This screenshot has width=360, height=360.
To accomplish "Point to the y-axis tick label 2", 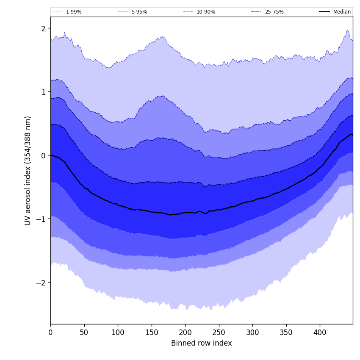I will [43, 28].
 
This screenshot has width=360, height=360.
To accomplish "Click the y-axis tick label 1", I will [43, 92].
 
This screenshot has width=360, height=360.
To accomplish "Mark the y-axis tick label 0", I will [43, 155].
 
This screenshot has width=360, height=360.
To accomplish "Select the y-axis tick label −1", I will [41, 219].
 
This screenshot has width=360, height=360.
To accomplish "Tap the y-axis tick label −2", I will [41, 282].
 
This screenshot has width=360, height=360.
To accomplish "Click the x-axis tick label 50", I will [84, 332].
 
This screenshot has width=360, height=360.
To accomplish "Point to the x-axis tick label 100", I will [118, 332].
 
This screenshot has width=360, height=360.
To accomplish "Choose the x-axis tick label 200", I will [185, 332].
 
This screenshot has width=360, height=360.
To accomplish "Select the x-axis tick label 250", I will [219, 332].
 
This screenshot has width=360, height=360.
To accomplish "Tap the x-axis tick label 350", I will [286, 332].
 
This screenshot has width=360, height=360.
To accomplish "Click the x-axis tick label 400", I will [320, 332].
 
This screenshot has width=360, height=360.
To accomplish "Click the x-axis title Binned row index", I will [202, 343].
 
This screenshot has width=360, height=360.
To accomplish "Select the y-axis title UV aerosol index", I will [28, 170].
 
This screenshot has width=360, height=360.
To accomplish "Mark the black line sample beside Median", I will [325, 12].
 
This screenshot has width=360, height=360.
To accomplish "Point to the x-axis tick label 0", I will [50, 332].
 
